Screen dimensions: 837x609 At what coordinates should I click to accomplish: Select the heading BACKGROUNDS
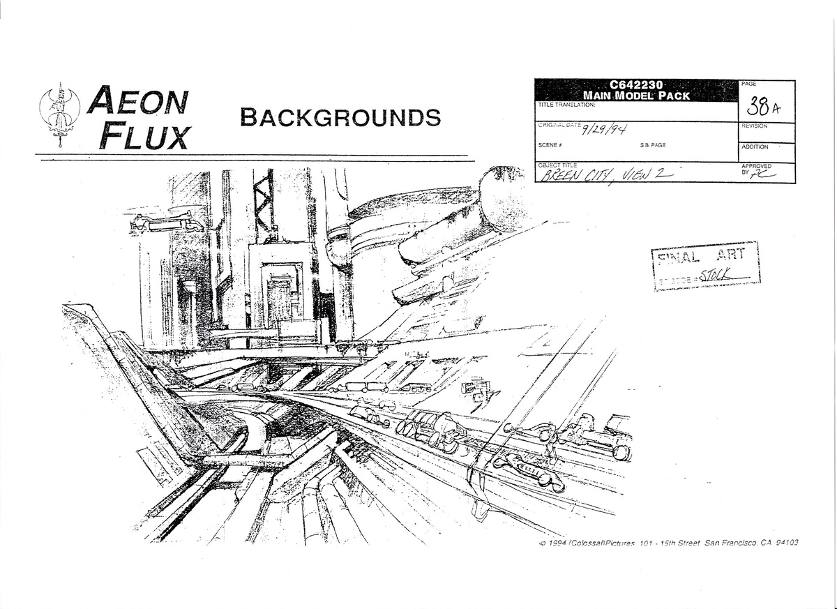tap(340, 117)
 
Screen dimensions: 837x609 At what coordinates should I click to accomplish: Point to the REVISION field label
tap(755, 126)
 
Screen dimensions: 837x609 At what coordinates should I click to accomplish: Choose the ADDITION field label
tap(755, 147)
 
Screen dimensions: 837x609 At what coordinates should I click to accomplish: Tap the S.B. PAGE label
tap(652, 145)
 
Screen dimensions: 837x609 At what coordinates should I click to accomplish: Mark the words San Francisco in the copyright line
tap(732, 543)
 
